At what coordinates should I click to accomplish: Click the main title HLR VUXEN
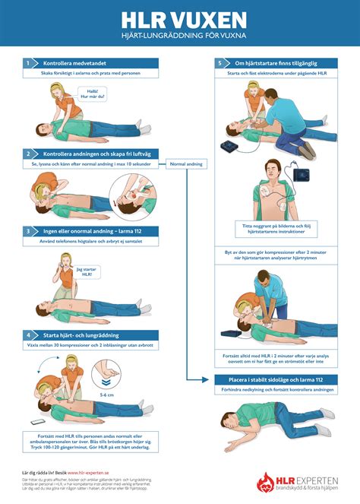point(179,18)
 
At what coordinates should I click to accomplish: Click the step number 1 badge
point(27,64)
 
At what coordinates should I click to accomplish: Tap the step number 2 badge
point(27,154)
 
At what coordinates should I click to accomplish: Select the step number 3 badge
point(27,230)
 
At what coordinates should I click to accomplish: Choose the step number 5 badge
point(219,64)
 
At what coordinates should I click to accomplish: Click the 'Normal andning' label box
point(186,163)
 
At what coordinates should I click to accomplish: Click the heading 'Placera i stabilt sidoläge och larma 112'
point(275,379)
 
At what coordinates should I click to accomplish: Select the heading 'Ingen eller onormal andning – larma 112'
point(91,230)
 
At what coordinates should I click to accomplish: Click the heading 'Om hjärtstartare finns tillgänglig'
point(278,64)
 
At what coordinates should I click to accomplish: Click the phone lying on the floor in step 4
point(36,423)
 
